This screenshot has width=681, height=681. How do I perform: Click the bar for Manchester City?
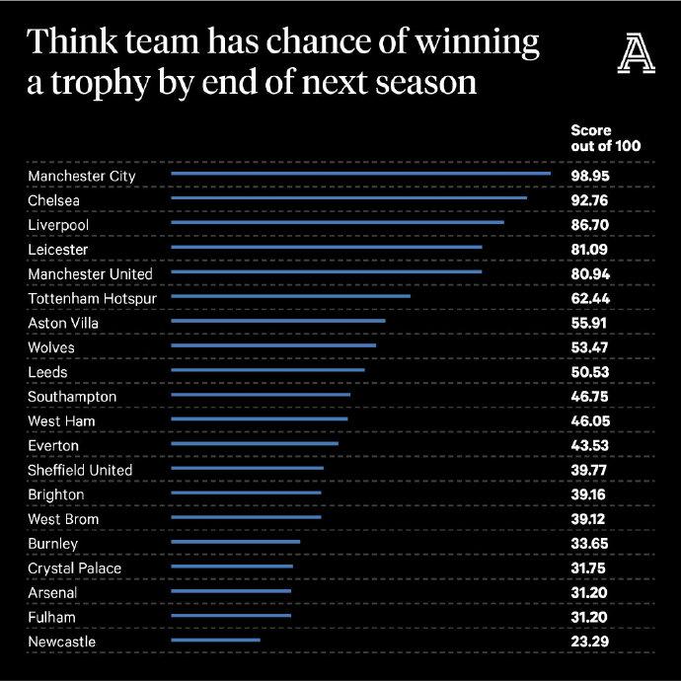point(360,175)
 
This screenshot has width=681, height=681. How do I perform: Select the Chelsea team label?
point(53,200)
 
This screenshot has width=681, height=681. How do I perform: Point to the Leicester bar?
point(327,249)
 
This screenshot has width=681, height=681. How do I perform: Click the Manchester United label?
point(91,273)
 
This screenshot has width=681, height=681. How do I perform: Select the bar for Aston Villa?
point(278,322)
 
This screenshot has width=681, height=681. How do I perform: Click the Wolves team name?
point(51,347)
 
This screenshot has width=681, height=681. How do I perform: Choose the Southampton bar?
point(261,396)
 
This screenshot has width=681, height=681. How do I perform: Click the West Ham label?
point(62,421)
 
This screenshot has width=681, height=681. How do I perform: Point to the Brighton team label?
point(56,494)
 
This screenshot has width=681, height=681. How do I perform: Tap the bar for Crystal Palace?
point(232,567)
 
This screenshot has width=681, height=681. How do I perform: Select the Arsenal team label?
point(51,592)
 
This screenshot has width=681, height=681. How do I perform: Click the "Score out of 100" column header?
point(605,138)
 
